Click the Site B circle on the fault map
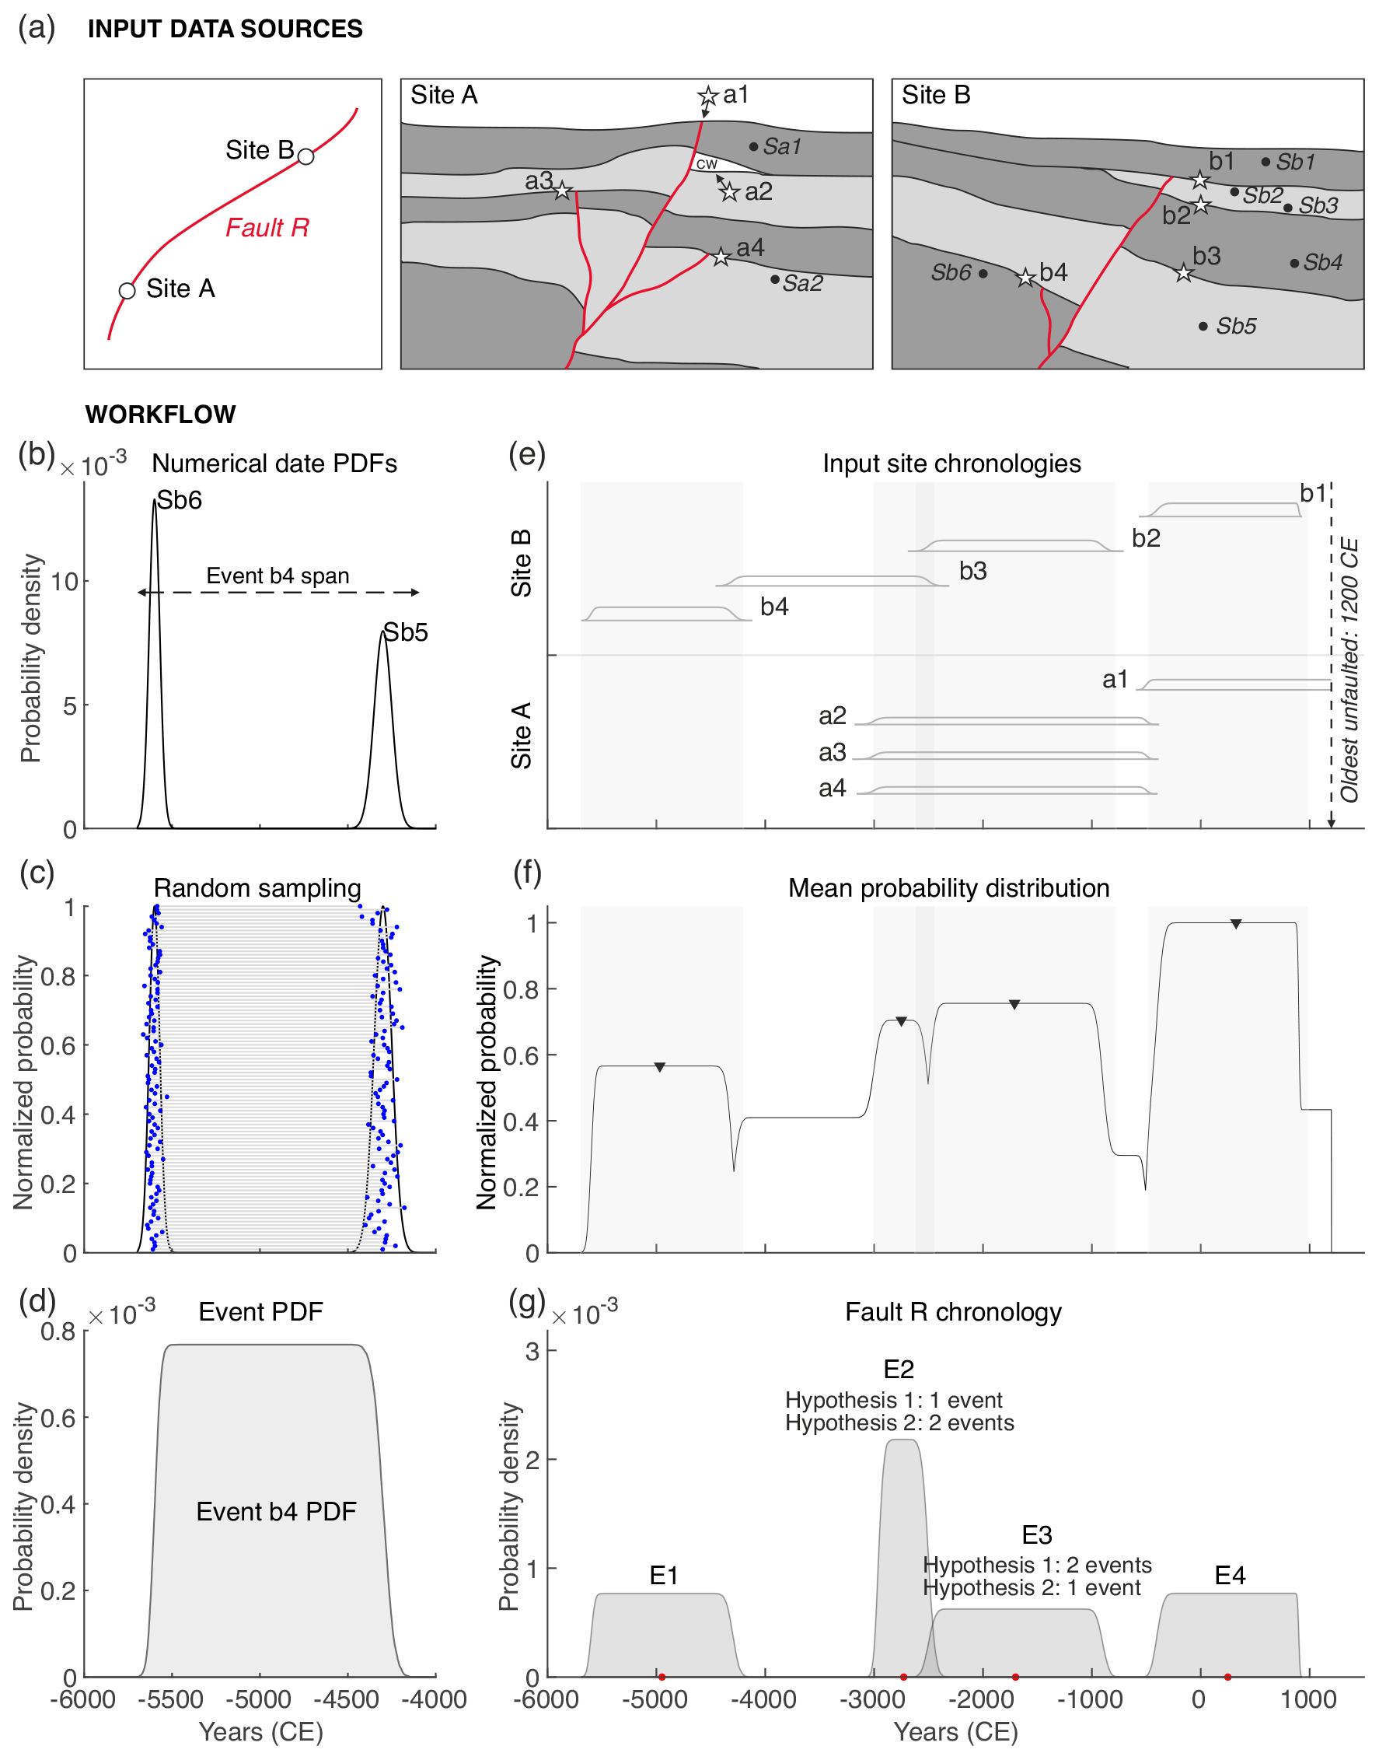pyautogui.click(x=305, y=156)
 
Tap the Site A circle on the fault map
pyautogui.click(x=127, y=291)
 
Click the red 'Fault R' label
pyautogui.click(x=267, y=228)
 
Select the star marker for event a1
pyautogui.click(x=708, y=97)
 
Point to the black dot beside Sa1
pyautogui.click(x=753, y=146)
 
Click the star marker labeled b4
pyautogui.click(x=1025, y=278)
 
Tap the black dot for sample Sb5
pyautogui.click(x=1203, y=327)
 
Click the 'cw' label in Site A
pyautogui.click(x=707, y=164)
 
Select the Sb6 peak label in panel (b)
pyautogui.click(x=180, y=500)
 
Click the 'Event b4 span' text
pyautogui.click(x=278, y=575)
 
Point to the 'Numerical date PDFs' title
pyautogui.click(x=274, y=464)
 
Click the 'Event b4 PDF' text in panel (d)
pyautogui.click(x=276, y=1511)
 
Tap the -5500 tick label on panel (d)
pyautogui.click(x=170, y=1699)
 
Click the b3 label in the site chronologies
pyautogui.click(x=973, y=571)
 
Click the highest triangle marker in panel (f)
pyautogui.click(x=1235, y=924)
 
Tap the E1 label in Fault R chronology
pyautogui.click(x=664, y=1575)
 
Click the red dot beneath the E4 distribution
pyautogui.click(x=1227, y=1677)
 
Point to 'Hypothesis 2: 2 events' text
pyautogui.click(x=899, y=1422)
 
